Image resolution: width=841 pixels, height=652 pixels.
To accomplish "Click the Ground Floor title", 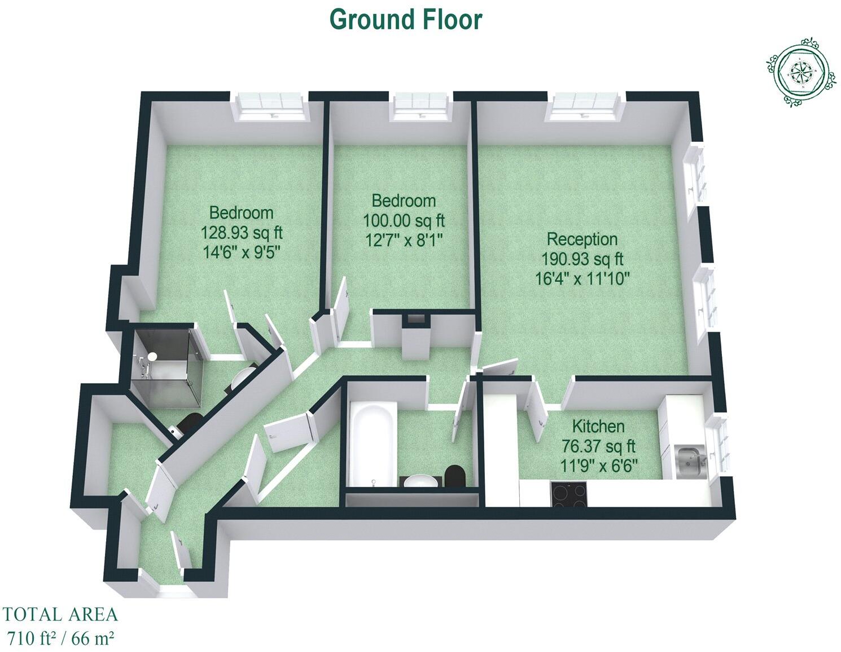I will point(405,20).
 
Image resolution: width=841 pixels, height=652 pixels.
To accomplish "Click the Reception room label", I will point(581,239).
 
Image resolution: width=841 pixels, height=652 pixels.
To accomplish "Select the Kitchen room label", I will point(598,426).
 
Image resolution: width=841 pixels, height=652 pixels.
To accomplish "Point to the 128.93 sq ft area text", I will point(242,232).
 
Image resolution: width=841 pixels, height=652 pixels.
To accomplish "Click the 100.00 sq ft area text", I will point(404,220).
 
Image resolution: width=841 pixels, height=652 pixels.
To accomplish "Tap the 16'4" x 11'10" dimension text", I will point(582,279).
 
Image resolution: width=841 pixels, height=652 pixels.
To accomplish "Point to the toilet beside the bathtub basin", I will point(455,476).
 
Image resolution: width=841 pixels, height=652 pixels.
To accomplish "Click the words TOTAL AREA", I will point(60,614).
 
